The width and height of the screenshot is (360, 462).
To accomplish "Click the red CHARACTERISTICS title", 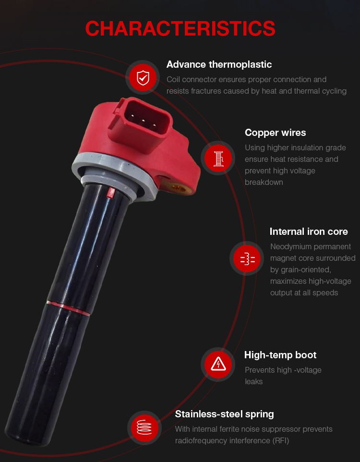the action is click(x=180, y=29).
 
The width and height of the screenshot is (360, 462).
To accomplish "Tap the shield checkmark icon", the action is click(x=143, y=78).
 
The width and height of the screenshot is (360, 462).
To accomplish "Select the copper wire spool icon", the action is click(x=218, y=158).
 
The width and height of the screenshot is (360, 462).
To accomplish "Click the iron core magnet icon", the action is click(x=247, y=259).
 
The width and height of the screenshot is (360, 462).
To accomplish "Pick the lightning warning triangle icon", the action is click(x=218, y=365).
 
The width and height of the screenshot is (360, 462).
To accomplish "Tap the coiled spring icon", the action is click(x=144, y=427).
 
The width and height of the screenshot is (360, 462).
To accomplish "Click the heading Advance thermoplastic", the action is click(x=219, y=64).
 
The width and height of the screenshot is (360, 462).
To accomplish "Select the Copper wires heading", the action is click(x=276, y=133).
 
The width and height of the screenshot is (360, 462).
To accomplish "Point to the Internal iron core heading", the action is click(x=309, y=231).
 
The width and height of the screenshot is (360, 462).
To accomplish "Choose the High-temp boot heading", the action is click(x=280, y=355).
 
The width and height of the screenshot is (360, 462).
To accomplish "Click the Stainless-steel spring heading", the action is click(x=225, y=414).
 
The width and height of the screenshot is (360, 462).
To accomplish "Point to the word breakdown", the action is click(x=264, y=182).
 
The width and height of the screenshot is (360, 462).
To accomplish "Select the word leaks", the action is click(x=254, y=382).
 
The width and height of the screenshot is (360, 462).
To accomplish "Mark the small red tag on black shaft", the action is click(x=110, y=192).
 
